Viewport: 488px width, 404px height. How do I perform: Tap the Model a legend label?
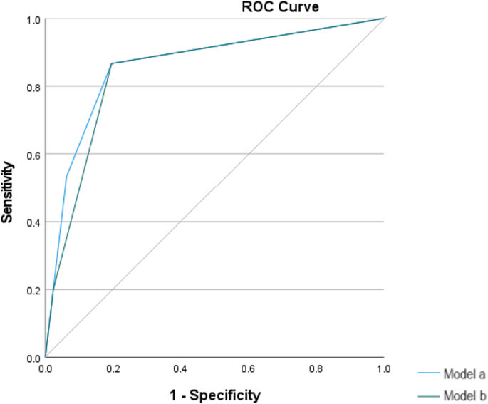click(x=464, y=375)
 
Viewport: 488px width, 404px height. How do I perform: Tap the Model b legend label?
click(x=464, y=395)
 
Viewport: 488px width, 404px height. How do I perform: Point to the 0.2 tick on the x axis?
click(x=113, y=369)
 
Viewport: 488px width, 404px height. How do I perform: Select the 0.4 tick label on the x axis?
click(x=181, y=369)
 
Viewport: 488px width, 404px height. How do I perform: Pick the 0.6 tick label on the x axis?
click(x=249, y=369)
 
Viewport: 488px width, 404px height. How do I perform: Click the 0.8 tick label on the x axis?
click(x=316, y=369)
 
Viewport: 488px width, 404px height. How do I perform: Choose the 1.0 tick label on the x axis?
click(x=383, y=369)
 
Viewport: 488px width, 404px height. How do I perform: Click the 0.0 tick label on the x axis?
click(x=46, y=369)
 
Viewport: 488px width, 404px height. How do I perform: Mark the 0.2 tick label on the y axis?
click(x=33, y=290)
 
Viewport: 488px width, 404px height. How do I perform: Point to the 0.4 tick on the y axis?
click(x=33, y=222)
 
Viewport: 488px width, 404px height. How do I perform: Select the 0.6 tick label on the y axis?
click(x=33, y=155)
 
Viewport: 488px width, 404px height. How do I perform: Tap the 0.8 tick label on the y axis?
click(x=33, y=87)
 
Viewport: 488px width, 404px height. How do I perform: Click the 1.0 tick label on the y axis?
click(x=33, y=19)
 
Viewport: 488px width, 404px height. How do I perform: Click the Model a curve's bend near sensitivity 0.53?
click(x=67, y=176)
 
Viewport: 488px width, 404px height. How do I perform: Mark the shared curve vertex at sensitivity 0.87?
click(x=112, y=63)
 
